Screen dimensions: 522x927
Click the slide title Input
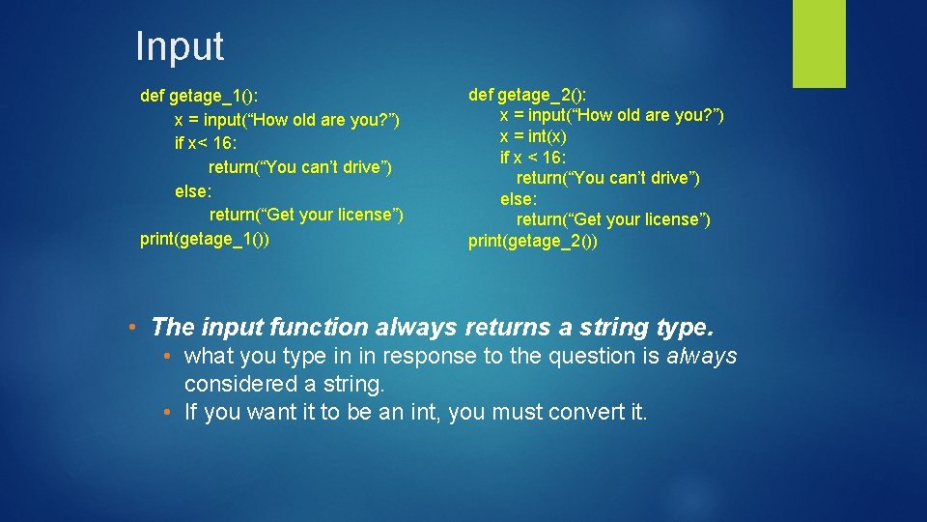[180, 46]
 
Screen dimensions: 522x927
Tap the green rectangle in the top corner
[819, 43]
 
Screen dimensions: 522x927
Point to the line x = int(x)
[533, 136]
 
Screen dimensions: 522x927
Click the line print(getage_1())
[204, 238]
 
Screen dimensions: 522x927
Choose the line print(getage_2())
[533, 241]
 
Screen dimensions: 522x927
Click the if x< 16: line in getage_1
[206, 143]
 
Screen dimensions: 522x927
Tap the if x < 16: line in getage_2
[533, 157]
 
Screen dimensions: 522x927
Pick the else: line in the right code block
[518, 198]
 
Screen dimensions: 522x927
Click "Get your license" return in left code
[306, 215]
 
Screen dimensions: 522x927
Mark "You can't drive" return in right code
[608, 178]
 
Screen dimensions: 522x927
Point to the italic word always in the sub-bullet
[701, 357]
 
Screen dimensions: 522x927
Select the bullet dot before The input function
[133, 327]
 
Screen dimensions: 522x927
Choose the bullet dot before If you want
[168, 413]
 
